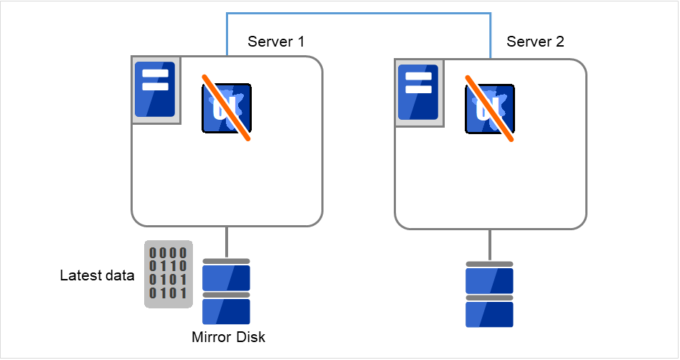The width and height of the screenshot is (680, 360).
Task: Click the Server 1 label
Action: click(275, 42)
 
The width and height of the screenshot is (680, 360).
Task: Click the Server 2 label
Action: click(535, 42)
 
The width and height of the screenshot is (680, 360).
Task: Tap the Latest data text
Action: click(97, 276)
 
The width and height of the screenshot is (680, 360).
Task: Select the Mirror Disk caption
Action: click(228, 337)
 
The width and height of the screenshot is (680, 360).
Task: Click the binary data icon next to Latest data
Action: click(169, 274)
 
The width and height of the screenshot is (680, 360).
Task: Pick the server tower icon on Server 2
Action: click(418, 93)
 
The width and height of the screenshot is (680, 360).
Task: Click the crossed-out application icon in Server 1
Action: click(227, 108)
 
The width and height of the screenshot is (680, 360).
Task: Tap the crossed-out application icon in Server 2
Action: click(490, 108)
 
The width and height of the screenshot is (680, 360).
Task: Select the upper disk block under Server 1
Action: click(227, 278)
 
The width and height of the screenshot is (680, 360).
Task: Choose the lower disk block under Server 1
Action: click(227, 312)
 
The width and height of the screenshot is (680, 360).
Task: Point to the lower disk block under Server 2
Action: click(490, 314)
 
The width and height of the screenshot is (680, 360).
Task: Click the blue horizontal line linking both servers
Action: click(359, 13)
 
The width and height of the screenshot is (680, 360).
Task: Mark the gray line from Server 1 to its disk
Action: click(227, 242)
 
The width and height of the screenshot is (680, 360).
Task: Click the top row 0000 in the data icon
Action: click(169, 252)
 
